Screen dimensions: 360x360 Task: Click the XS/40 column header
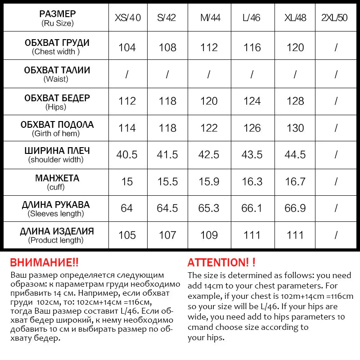(x=127, y=18)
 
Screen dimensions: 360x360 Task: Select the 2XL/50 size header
(x=335, y=18)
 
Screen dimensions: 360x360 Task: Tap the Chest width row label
(x=56, y=47)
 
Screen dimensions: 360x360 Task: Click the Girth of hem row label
(x=56, y=128)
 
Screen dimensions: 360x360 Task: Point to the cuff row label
(x=56, y=182)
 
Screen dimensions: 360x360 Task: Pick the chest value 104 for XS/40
(x=127, y=47)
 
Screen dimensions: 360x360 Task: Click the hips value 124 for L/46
(x=252, y=101)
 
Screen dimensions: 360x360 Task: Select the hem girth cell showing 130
(x=295, y=128)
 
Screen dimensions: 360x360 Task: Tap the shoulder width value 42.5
(x=209, y=155)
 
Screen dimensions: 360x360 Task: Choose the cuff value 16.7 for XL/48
(x=295, y=182)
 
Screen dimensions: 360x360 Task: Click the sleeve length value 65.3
(x=209, y=208)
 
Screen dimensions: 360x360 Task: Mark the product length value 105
(x=127, y=235)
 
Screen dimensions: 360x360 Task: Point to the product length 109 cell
(x=209, y=235)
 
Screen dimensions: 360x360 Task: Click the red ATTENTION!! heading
(x=221, y=263)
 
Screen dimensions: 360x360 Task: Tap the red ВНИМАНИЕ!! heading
(x=44, y=263)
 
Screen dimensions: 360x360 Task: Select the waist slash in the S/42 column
(x=167, y=74)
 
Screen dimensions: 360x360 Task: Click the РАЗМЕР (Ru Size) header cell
(x=56, y=18)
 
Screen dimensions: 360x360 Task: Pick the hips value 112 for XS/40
(x=127, y=101)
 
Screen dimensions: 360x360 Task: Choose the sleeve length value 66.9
(x=295, y=208)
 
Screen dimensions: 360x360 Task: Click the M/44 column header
(x=209, y=18)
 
